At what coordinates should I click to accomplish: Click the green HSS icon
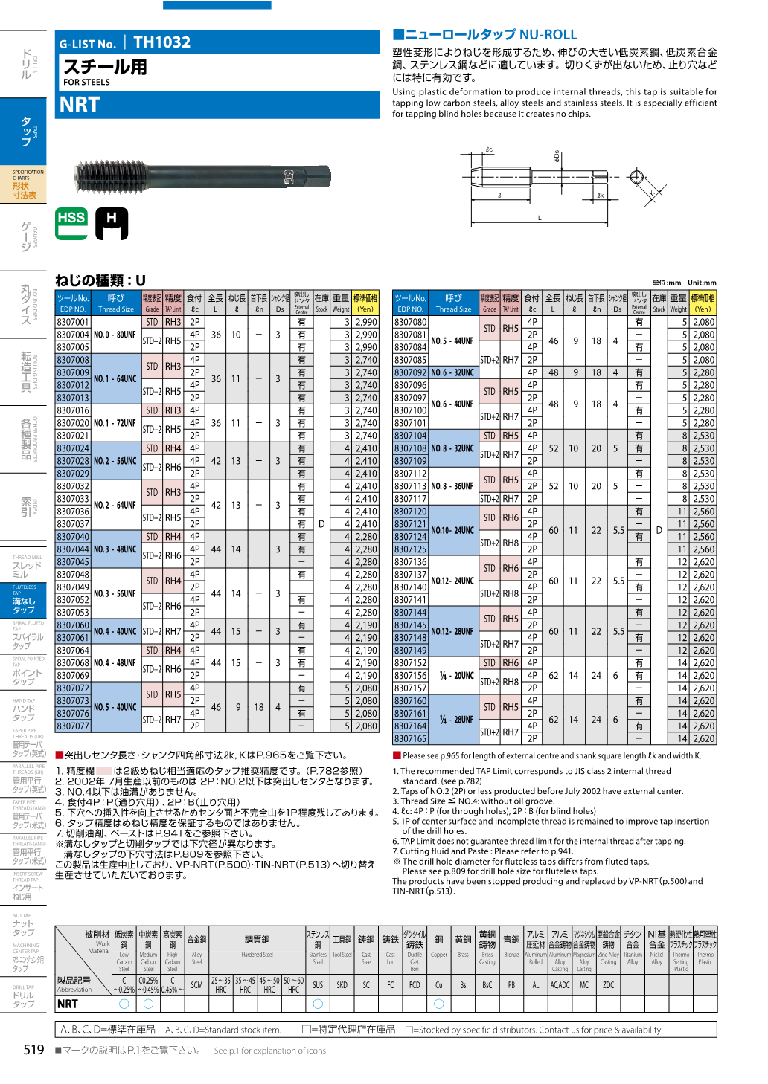click(71, 222)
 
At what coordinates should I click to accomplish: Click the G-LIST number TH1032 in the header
click(161, 42)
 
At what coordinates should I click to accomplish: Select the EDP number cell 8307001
click(73, 322)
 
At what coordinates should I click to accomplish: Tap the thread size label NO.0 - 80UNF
click(115, 335)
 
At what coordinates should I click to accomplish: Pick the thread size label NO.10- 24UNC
click(452, 530)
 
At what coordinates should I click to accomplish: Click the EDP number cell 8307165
click(411, 738)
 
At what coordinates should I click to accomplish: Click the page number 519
click(34, 1049)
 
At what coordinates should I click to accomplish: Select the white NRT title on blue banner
click(80, 105)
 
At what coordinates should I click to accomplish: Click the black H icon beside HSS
click(112, 223)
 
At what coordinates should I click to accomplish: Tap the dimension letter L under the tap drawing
click(540, 218)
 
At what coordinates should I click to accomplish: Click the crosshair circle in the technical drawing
click(636, 177)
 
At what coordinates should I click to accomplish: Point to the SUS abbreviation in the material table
click(318, 984)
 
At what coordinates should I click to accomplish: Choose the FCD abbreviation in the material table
click(415, 984)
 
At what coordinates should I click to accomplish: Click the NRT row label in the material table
click(68, 1004)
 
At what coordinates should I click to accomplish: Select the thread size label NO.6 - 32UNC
click(452, 372)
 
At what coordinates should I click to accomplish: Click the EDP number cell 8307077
click(73, 726)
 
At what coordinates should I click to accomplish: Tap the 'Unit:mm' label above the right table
click(702, 283)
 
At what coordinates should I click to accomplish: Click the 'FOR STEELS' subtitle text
click(86, 83)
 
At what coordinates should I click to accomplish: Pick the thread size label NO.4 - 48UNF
click(115, 662)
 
